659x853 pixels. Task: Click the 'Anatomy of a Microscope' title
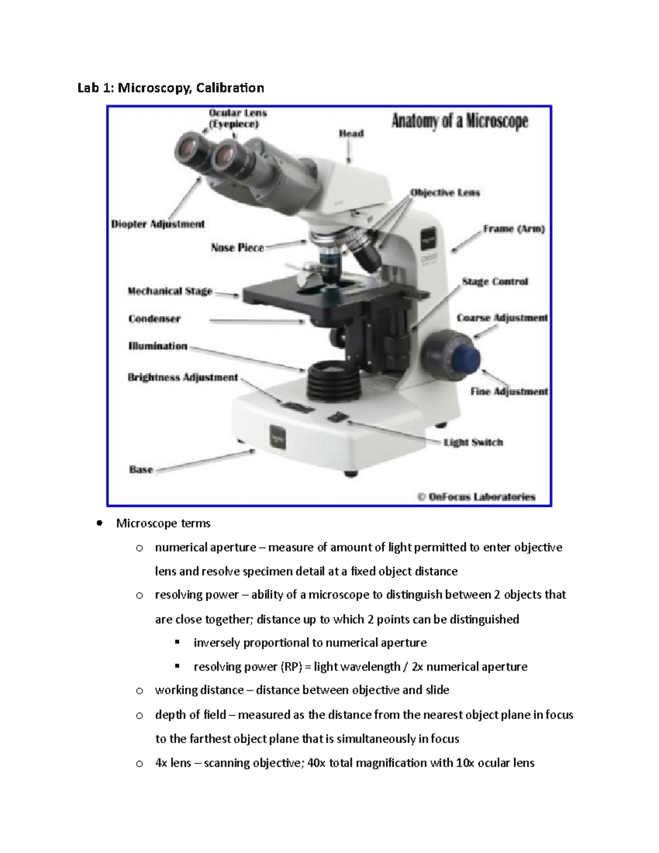[459, 121]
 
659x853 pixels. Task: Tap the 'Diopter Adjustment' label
[158, 224]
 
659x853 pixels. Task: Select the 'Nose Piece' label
[237, 248]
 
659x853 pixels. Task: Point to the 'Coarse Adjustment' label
[502, 318]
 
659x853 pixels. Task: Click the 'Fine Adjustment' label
[509, 392]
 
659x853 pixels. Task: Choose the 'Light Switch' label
[473, 442]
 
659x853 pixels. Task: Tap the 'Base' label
[141, 470]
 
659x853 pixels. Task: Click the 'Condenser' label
[154, 319]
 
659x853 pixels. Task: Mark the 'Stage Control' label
[494, 282]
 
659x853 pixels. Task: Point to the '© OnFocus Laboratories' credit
[476, 497]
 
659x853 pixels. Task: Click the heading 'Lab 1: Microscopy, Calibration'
[170, 88]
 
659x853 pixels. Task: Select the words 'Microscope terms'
[163, 523]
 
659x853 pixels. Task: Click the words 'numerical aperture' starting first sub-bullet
[205, 548]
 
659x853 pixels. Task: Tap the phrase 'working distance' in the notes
[199, 690]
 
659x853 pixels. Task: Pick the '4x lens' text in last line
[172, 763]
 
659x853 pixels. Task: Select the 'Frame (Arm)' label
[513, 229]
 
